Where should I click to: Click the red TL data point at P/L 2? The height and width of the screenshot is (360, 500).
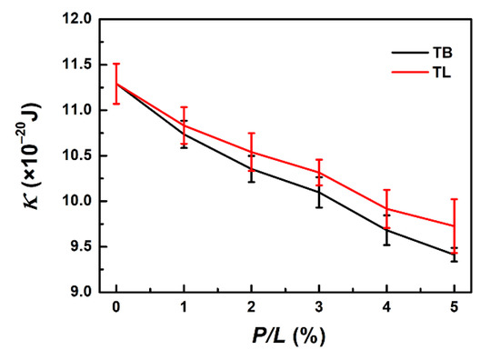click(x=252, y=152)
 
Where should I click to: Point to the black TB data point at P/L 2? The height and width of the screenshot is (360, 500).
click(x=252, y=168)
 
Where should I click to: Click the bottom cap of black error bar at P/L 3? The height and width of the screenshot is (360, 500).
click(x=319, y=207)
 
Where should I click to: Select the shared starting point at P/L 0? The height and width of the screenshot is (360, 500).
click(x=116, y=84)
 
